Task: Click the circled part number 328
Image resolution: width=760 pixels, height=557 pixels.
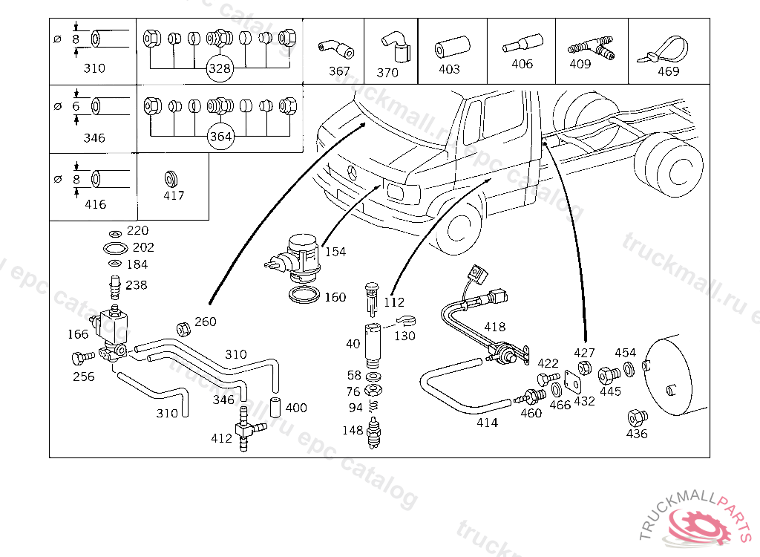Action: (x=220, y=69)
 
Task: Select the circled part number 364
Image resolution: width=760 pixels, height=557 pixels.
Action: (x=220, y=137)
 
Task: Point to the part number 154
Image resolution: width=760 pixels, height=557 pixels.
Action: (x=335, y=253)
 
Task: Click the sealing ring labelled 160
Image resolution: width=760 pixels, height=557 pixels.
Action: (x=304, y=296)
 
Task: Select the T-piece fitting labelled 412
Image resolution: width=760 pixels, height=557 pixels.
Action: (x=243, y=429)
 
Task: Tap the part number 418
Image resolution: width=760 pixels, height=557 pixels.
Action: (x=494, y=327)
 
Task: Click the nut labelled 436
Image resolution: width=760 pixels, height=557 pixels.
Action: (x=636, y=418)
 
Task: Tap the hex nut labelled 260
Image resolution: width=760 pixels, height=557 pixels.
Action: (x=181, y=328)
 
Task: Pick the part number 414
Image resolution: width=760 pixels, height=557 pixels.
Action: (x=487, y=423)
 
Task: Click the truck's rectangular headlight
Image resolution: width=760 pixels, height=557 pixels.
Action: (x=393, y=192)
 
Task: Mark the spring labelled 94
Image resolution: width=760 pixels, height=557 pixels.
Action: (x=374, y=407)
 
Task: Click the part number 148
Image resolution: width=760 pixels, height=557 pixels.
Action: (x=353, y=430)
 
